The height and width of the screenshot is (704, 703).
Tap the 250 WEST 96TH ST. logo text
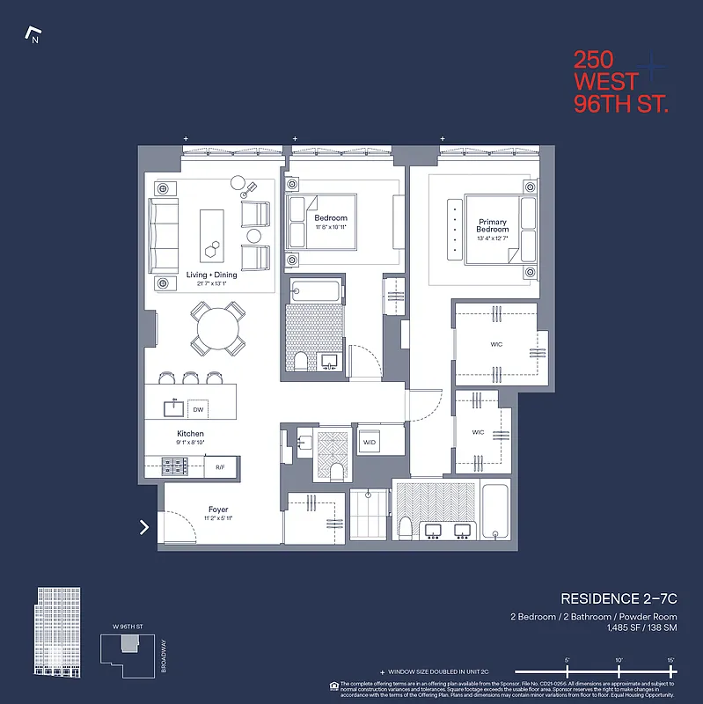tap(620, 82)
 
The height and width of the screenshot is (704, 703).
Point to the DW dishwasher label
tap(199, 410)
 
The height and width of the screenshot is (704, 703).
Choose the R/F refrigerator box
tap(220, 467)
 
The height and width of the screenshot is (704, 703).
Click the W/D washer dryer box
tap(370, 441)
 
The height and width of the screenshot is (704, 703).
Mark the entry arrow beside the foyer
tap(144, 527)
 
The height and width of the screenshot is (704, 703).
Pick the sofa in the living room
tap(164, 235)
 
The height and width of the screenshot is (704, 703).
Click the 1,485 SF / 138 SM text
tap(635, 628)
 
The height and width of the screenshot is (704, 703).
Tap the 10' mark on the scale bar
tap(619, 661)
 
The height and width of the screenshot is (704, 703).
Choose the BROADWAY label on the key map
tap(164, 656)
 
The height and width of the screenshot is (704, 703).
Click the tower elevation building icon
tap(56, 632)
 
